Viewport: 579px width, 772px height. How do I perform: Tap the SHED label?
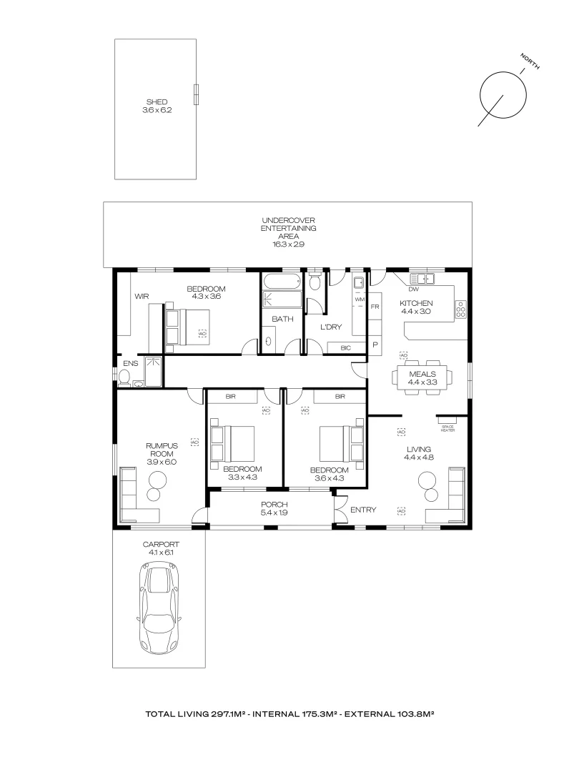(157, 102)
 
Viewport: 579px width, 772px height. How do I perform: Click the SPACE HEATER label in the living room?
(447, 428)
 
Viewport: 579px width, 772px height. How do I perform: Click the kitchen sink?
(422, 279)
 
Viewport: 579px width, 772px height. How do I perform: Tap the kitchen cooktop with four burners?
(461, 310)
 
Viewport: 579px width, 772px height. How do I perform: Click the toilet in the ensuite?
(125, 377)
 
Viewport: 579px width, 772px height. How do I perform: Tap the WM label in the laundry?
(359, 299)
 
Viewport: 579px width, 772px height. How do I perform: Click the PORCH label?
(273, 504)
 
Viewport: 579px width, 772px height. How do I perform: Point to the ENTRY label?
(363, 510)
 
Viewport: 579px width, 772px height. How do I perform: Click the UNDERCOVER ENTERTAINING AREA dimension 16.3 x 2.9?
(288, 244)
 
